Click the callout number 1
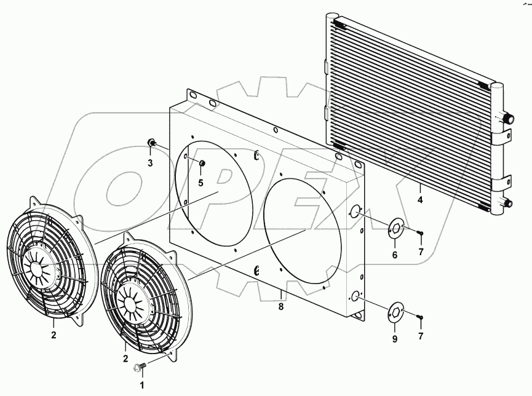[x=142, y=385]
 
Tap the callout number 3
[x=150, y=163]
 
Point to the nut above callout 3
[x=150, y=143]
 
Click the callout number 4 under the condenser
[x=421, y=200]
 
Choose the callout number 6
[x=395, y=255]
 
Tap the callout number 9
[x=395, y=339]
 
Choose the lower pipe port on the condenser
[x=508, y=204]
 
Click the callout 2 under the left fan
[x=54, y=335]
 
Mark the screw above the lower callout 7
[x=419, y=317]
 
